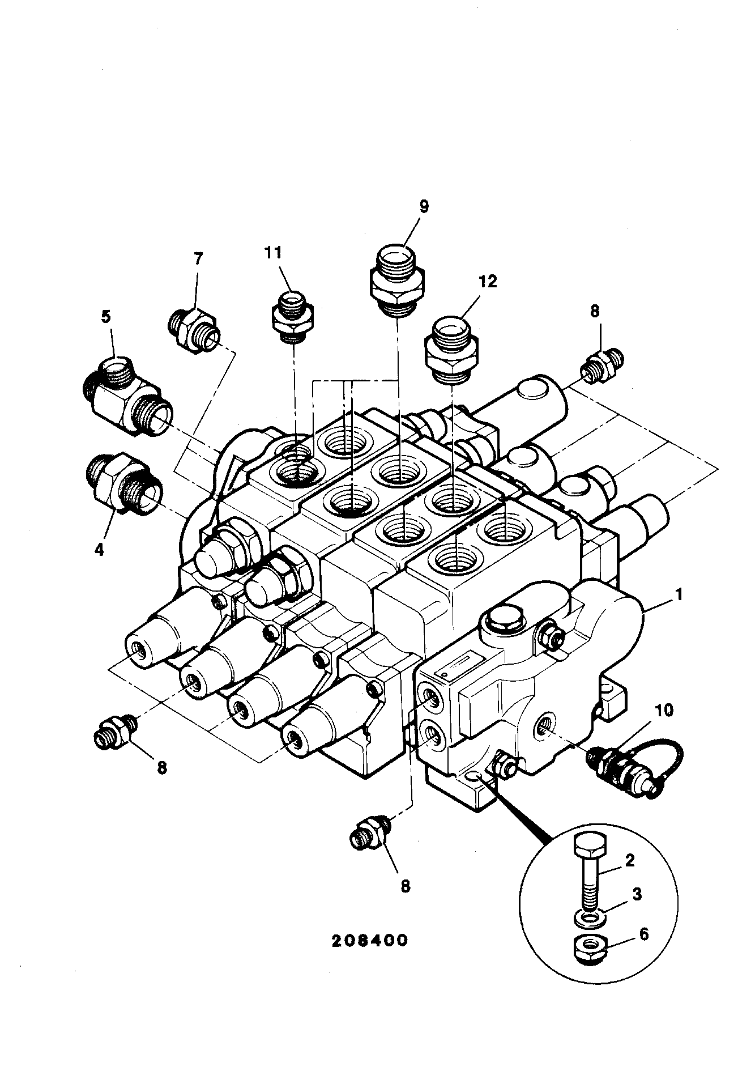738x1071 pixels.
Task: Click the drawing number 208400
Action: [x=369, y=940]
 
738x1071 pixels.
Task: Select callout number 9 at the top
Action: [x=424, y=206]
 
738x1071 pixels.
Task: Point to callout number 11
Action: [x=274, y=252]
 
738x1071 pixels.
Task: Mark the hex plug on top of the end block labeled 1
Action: [x=504, y=620]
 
